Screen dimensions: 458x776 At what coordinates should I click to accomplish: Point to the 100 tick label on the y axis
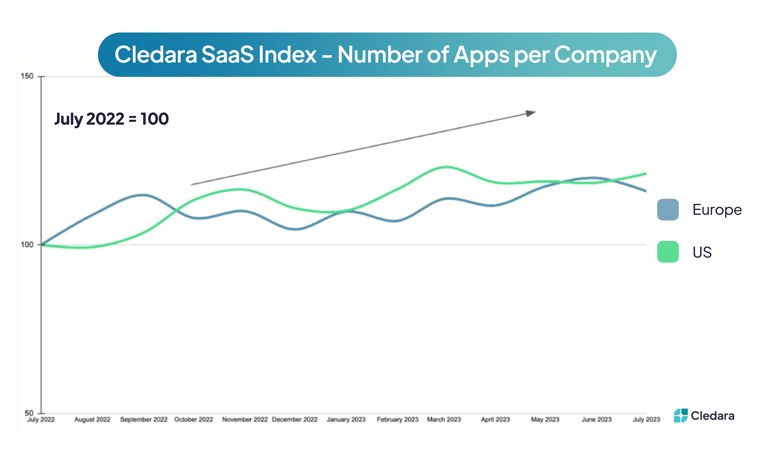click(27, 245)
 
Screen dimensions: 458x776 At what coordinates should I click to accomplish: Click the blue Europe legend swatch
click(668, 209)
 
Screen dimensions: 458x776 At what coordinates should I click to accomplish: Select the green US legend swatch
click(668, 252)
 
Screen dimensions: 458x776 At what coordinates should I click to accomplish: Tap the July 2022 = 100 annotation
click(112, 119)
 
